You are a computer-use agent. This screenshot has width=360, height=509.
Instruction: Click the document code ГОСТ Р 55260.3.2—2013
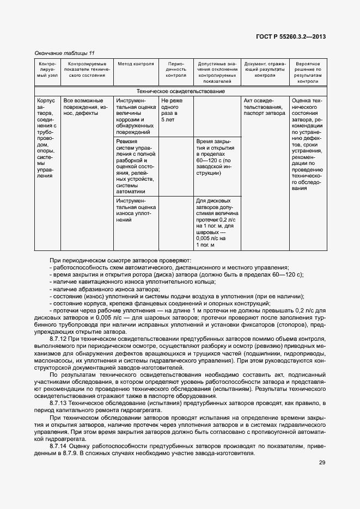[290, 37]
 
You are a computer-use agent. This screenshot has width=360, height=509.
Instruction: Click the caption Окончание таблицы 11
[64, 53]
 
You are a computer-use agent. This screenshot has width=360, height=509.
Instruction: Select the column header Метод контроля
[136, 64]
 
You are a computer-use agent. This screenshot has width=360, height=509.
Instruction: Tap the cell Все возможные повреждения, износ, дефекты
[83, 104]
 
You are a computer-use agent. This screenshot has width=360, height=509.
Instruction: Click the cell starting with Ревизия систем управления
[136, 166]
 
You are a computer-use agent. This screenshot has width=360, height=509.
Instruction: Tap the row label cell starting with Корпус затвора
[46, 138]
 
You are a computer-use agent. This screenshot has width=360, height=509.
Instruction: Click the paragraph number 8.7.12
[59, 339]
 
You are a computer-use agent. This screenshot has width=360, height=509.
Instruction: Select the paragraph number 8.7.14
[59, 446]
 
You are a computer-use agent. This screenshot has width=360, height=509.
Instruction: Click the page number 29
[322, 463]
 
